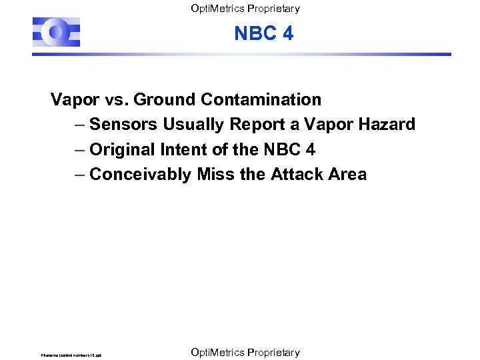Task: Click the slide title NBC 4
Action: (263, 33)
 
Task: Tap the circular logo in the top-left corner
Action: (56, 32)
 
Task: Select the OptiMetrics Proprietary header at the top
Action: (245, 9)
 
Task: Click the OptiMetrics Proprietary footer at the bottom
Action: (245, 352)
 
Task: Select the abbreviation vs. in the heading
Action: (117, 100)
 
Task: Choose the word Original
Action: (121, 149)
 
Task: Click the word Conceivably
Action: (141, 175)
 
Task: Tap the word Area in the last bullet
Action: (347, 175)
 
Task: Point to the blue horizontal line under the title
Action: (267, 55)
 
